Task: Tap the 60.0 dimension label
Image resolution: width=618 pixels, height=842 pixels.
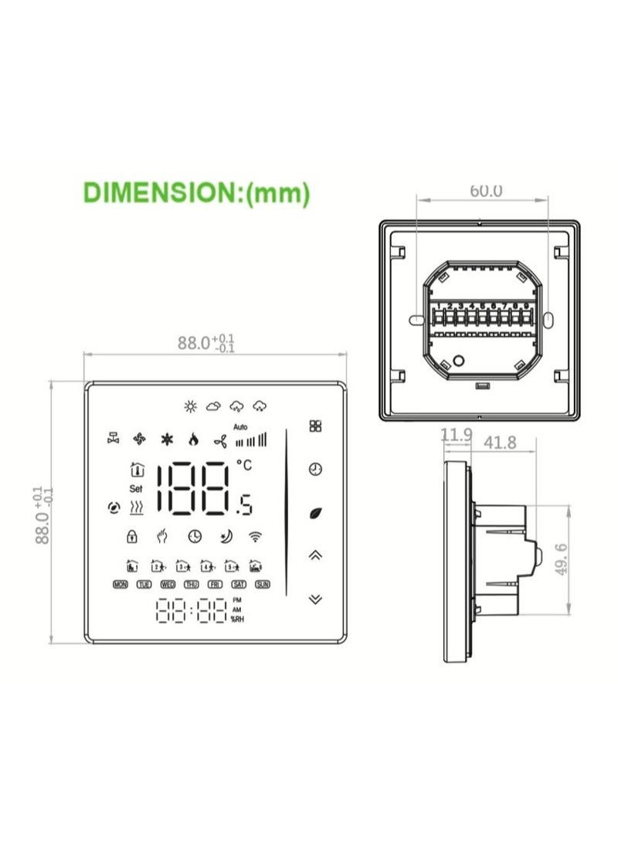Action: (x=486, y=190)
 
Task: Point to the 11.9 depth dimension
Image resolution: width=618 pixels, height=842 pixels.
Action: (x=456, y=436)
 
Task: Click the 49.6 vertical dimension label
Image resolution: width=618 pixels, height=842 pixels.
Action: (x=562, y=559)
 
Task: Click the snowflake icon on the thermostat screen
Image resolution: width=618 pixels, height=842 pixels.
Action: (x=166, y=440)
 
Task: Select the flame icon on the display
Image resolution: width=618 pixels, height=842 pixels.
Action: (x=193, y=440)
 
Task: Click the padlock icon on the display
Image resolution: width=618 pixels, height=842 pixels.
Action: (x=132, y=535)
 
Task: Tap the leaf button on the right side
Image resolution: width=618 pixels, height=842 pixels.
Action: (x=315, y=511)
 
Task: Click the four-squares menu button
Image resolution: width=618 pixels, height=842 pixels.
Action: (x=315, y=426)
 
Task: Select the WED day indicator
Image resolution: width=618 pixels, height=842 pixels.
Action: (x=168, y=585)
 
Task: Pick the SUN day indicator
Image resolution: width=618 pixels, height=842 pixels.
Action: (x=263, y=585)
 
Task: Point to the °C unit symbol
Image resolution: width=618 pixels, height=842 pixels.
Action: (x=244, y=465)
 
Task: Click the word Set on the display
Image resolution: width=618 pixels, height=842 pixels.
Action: (x=136, y=488)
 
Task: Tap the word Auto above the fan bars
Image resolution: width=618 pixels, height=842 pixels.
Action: (x=240, y=427)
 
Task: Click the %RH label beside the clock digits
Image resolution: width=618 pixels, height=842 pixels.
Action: (x=236, y=620)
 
